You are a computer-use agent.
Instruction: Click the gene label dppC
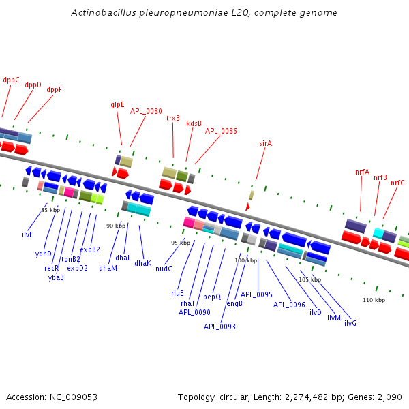11,80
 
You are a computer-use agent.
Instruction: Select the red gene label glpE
117,105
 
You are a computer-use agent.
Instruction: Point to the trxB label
173,118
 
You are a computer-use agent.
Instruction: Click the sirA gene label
266,143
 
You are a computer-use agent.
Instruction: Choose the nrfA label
362,172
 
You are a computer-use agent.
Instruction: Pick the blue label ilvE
27,234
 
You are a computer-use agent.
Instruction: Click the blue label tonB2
70,259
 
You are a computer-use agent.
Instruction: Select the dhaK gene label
142,263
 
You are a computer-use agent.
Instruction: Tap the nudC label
164,269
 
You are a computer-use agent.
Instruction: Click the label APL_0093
219,327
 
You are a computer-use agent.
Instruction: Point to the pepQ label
212,297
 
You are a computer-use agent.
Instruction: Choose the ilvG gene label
350,322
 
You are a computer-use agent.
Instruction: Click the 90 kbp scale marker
115,226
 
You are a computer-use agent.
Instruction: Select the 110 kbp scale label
374,300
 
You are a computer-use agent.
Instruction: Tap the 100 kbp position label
245,260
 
